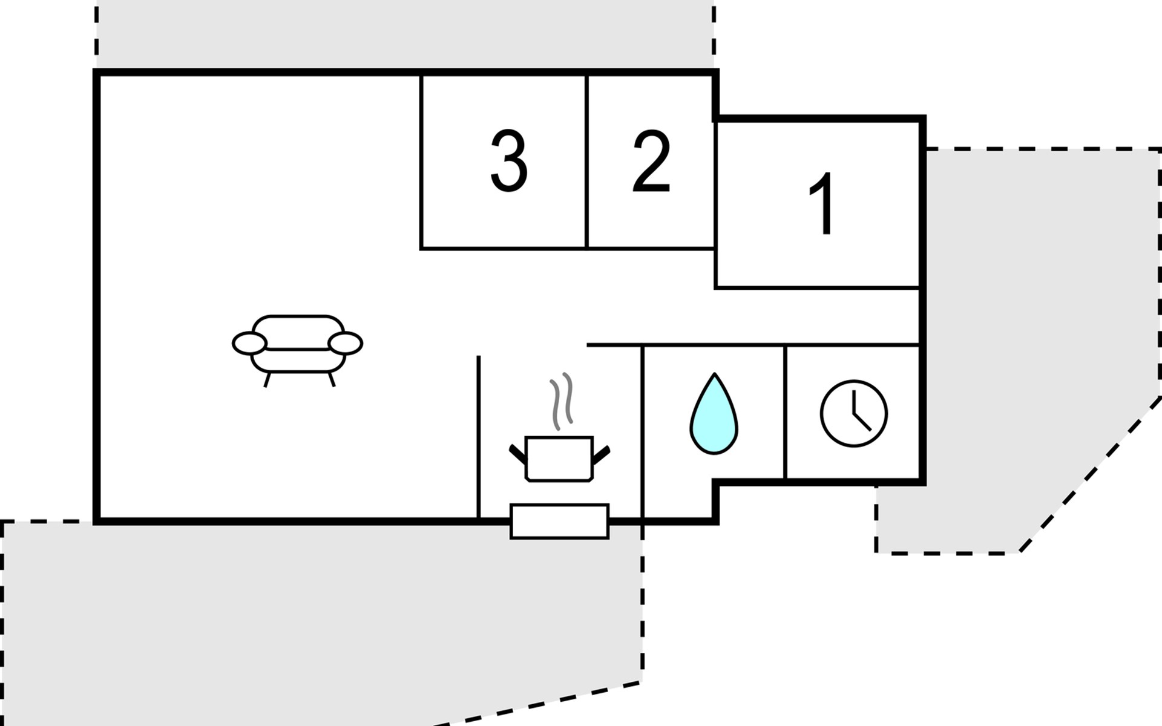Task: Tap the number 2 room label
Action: (652, 162)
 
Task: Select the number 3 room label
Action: (508, 162)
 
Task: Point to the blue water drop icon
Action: (714, 414)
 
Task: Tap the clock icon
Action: (854, 414)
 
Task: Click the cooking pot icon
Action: (559, 458)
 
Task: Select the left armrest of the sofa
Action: (249, 343)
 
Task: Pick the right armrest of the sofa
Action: (346, 343)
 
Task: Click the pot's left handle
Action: (518, 454)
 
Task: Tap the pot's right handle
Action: (600, 454)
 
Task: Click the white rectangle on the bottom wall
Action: (559, 521)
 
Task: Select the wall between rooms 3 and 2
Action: (586, 162)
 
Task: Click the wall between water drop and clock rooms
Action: (785, 413)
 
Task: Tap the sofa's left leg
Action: (267, 379)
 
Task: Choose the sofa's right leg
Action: (331, 379)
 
